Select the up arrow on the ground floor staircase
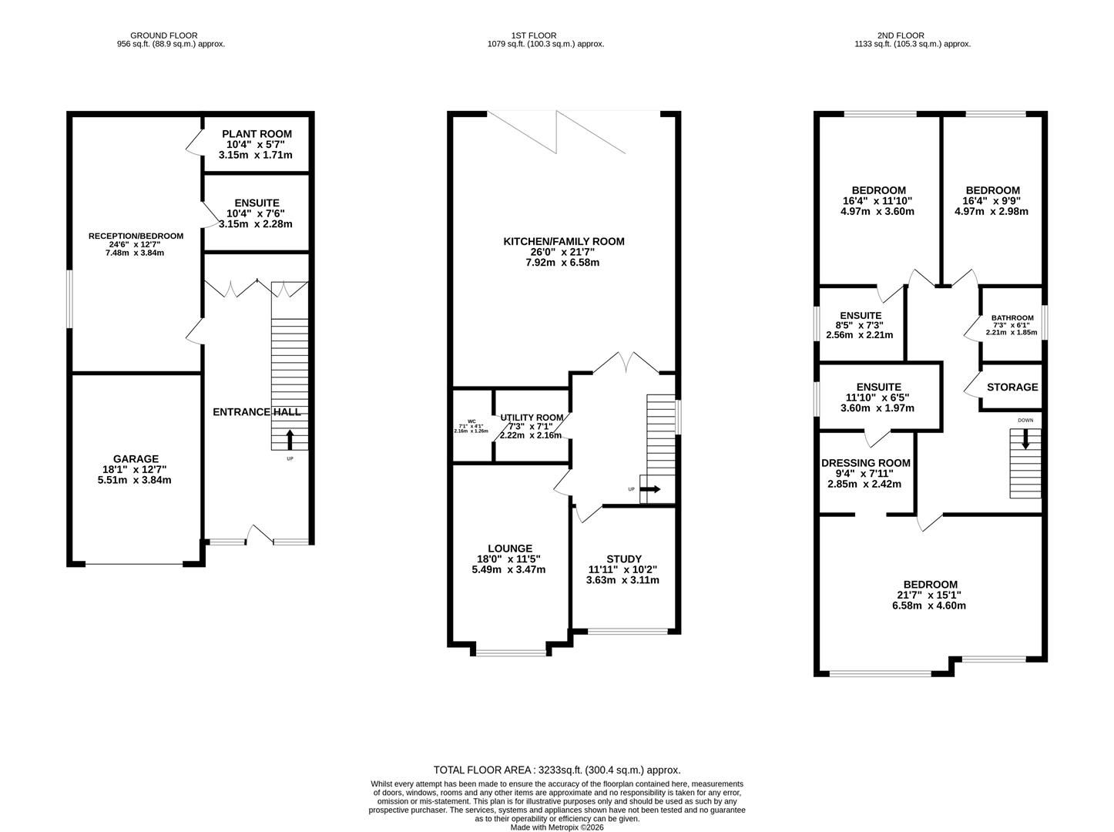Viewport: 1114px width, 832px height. (x=290, y=439)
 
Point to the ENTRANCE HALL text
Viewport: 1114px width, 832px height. (x=257, y=412)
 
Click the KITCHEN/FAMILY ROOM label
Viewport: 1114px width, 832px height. (x=563, y=242)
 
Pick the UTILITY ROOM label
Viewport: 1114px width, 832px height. (x=532, y=418)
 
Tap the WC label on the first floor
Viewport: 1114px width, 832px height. (x=471, y=421)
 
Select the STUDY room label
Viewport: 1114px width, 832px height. (x=623, y=559)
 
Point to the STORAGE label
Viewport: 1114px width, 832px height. (x=1012, y=387)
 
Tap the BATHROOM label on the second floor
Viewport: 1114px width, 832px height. (x=1012, y=317)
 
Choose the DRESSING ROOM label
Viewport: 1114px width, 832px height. (x=865, y=463)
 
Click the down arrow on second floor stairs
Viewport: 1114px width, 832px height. (x=1025, y=439)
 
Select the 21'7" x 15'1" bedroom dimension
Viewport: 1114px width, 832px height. (x=930, y=595)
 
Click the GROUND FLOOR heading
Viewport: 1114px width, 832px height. (x=163, y=35)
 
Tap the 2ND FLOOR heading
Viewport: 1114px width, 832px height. (x=900, y=35)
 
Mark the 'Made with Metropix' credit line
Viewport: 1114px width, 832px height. (x=557, y=827)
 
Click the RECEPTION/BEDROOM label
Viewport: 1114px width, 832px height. (x=136, y=236)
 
